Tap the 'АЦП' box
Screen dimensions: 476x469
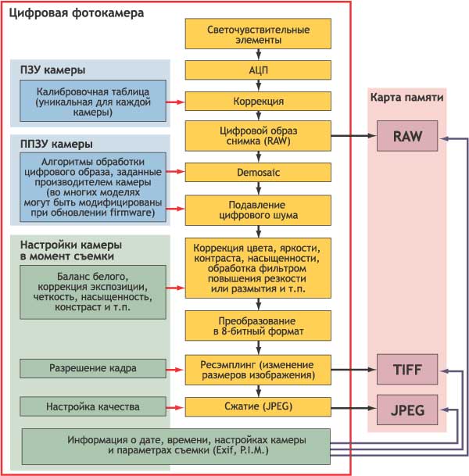[x=258, y=70]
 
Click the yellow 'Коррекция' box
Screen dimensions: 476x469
[x=258, y=102]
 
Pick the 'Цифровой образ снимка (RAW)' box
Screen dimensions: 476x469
[x=258, y=136]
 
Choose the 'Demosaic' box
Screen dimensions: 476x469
[x=258, y=170]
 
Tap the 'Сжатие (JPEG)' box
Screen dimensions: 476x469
[x=258, y=406]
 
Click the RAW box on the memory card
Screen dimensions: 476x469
[x=408, y=137]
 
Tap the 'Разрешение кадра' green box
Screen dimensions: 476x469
[x=94, y=367]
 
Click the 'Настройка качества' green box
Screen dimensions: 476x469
[x=94, y=407]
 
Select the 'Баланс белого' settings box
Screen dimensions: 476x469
[x=94, y=292]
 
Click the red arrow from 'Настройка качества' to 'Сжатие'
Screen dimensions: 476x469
[x=176, y=407]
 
